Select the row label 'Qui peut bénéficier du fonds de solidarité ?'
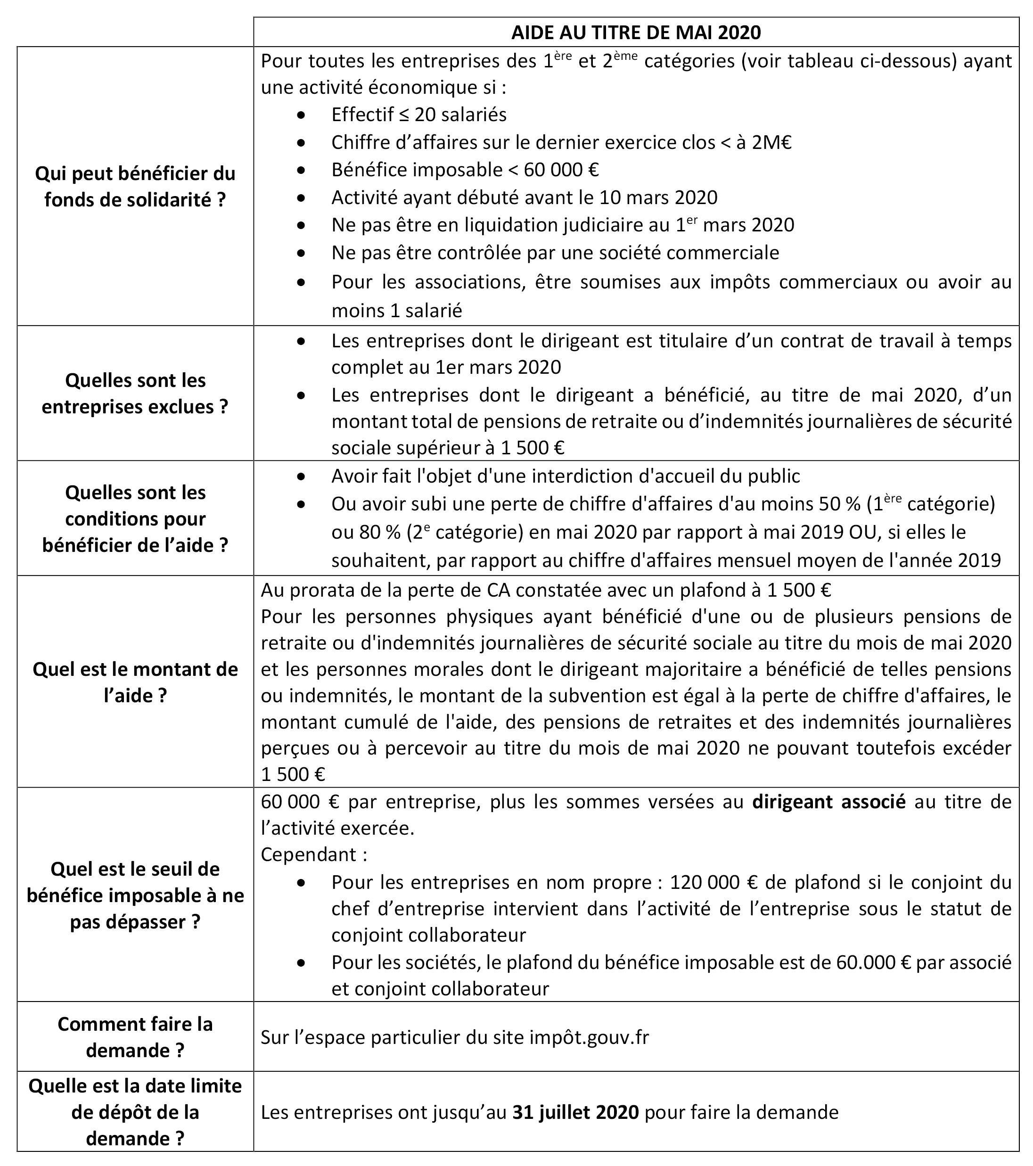click(x=135, y=187)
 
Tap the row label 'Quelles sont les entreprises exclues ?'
click(x=135, y=393)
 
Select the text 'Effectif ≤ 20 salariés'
click(x=418, y=115)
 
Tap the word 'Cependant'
click(x=308, y=854)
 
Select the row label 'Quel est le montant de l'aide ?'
click(x=135, y=682)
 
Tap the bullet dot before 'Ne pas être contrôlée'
click(x=301, y=253)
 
